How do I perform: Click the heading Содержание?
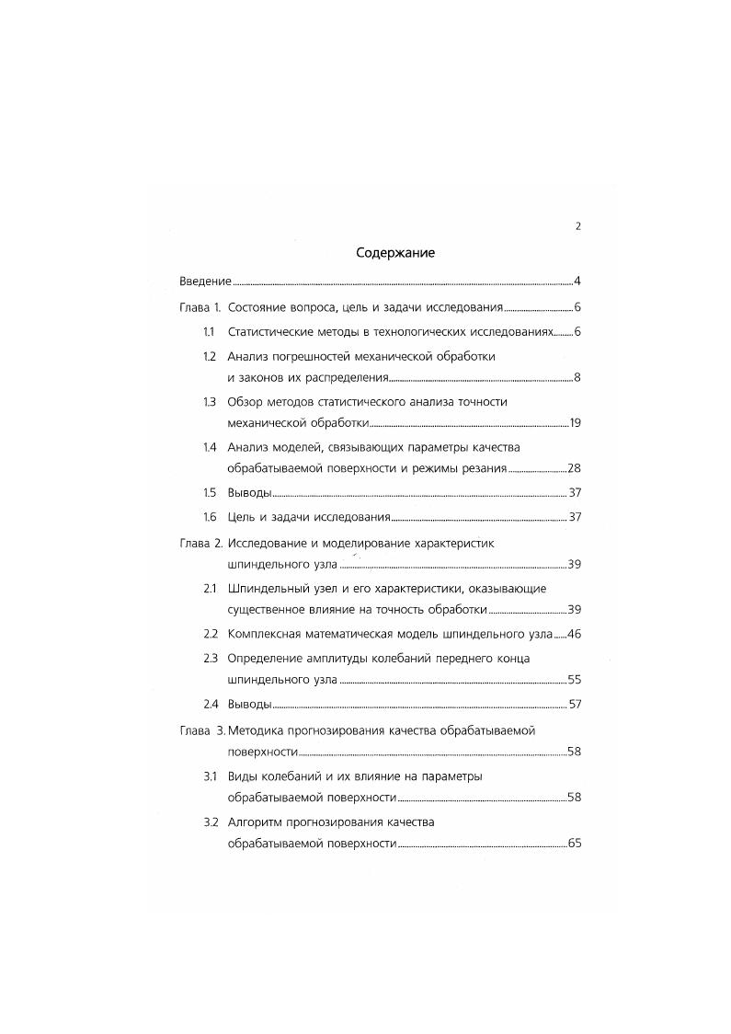point(394,252)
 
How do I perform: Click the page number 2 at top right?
point(577,226)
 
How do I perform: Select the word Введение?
point(204,281)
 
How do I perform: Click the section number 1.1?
point(209,331)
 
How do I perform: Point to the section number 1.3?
point(209,401)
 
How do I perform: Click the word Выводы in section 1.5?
point(248,493)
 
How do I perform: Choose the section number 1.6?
point(209,517)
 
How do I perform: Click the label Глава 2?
point(200,543)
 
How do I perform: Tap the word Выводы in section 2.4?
point(248,705)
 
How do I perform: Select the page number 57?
point(574,705)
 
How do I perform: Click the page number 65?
point(575,844)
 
